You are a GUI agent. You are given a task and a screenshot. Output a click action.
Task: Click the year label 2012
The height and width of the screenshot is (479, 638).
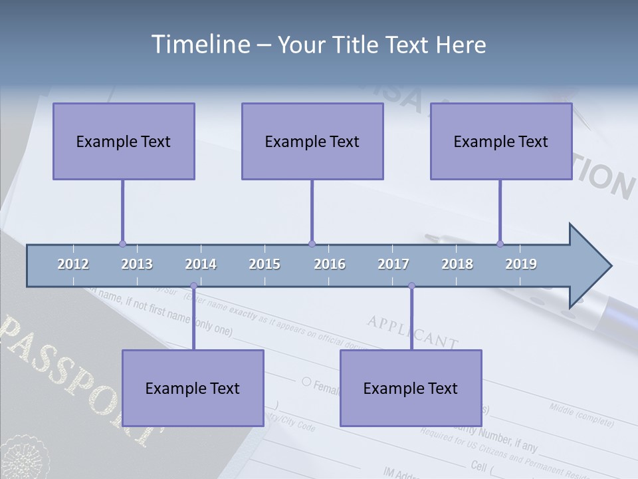(x=73, y=264)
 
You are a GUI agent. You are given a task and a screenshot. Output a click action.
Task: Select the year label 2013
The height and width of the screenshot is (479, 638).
(x=137, y=264)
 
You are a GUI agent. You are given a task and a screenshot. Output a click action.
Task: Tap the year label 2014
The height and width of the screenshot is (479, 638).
(x=201, y=264)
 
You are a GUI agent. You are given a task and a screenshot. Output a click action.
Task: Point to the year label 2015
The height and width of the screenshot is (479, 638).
(x=265, y=264)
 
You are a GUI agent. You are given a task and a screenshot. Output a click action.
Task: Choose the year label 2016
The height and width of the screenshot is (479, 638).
(x=330, y=264)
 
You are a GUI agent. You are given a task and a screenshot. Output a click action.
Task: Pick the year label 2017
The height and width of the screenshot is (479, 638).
(x=393, y=264)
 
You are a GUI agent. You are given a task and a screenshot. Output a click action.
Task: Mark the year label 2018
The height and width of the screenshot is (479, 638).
(x=457, y=264)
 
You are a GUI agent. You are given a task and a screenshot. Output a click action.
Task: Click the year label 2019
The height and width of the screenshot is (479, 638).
(x=521, y=264)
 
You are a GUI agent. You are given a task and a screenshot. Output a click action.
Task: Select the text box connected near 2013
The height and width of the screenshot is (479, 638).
(x=124, y=141)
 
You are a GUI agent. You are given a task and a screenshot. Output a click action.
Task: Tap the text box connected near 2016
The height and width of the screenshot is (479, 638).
(x=312, y=141)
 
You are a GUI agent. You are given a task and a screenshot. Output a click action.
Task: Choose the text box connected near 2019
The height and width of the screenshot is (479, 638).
(x=501, y=141)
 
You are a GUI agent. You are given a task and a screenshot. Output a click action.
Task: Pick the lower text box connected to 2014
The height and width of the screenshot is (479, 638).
(x=193, y=388)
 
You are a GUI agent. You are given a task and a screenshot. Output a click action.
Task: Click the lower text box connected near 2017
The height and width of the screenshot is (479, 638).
(x=411, y=388)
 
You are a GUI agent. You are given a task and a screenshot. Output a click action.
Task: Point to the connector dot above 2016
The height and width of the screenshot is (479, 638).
(x=312, y=244)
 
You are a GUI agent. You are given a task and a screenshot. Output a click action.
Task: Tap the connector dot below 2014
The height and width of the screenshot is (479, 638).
(x=193, y=286)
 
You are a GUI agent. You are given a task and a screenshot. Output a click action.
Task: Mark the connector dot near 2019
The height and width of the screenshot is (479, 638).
(x=500, y=244)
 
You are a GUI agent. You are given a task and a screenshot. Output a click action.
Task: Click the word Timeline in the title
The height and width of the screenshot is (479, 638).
(x=199, y=45)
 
